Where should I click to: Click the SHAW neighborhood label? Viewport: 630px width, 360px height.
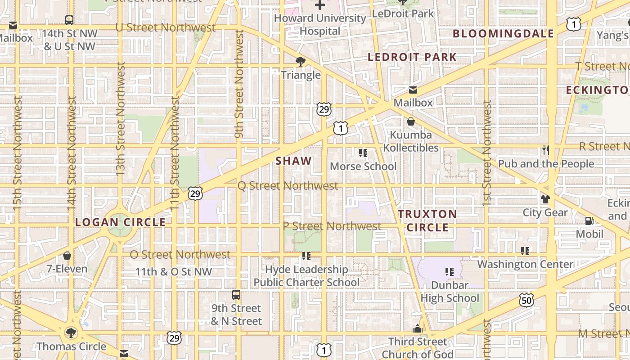click(293, 161)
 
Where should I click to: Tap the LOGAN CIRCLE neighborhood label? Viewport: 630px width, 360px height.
click(120, 222)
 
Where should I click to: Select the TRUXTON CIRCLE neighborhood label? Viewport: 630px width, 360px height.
click(427, 220)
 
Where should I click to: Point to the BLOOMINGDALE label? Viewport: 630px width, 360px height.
click(503, 34)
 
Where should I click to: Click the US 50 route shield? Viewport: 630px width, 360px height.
click(526, 300)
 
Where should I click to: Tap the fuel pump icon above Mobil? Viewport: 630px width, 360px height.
click(589, 221)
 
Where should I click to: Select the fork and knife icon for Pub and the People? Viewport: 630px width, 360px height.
click(546, 150)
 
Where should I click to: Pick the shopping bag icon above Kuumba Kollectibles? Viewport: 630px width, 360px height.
click(411, 121)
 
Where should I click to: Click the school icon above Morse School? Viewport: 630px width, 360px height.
click(363, 153)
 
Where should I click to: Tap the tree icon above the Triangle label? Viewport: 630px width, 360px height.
click(301, 62)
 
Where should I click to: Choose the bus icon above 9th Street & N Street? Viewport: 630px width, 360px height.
click(236, 295)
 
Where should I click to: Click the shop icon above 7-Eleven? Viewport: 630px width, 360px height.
click(67, 256)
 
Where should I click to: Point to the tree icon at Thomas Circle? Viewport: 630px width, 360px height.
click(71, 333)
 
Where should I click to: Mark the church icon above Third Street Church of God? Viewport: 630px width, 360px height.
click(418, 328)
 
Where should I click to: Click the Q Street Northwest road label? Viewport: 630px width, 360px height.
click(288, 186)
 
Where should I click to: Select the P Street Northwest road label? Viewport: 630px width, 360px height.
click(333, 226)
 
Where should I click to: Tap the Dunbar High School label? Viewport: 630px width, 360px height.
click(450, 292)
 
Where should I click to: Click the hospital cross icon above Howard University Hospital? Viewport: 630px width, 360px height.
click(320, 5)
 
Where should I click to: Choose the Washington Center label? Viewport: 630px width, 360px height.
click(525, 264)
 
